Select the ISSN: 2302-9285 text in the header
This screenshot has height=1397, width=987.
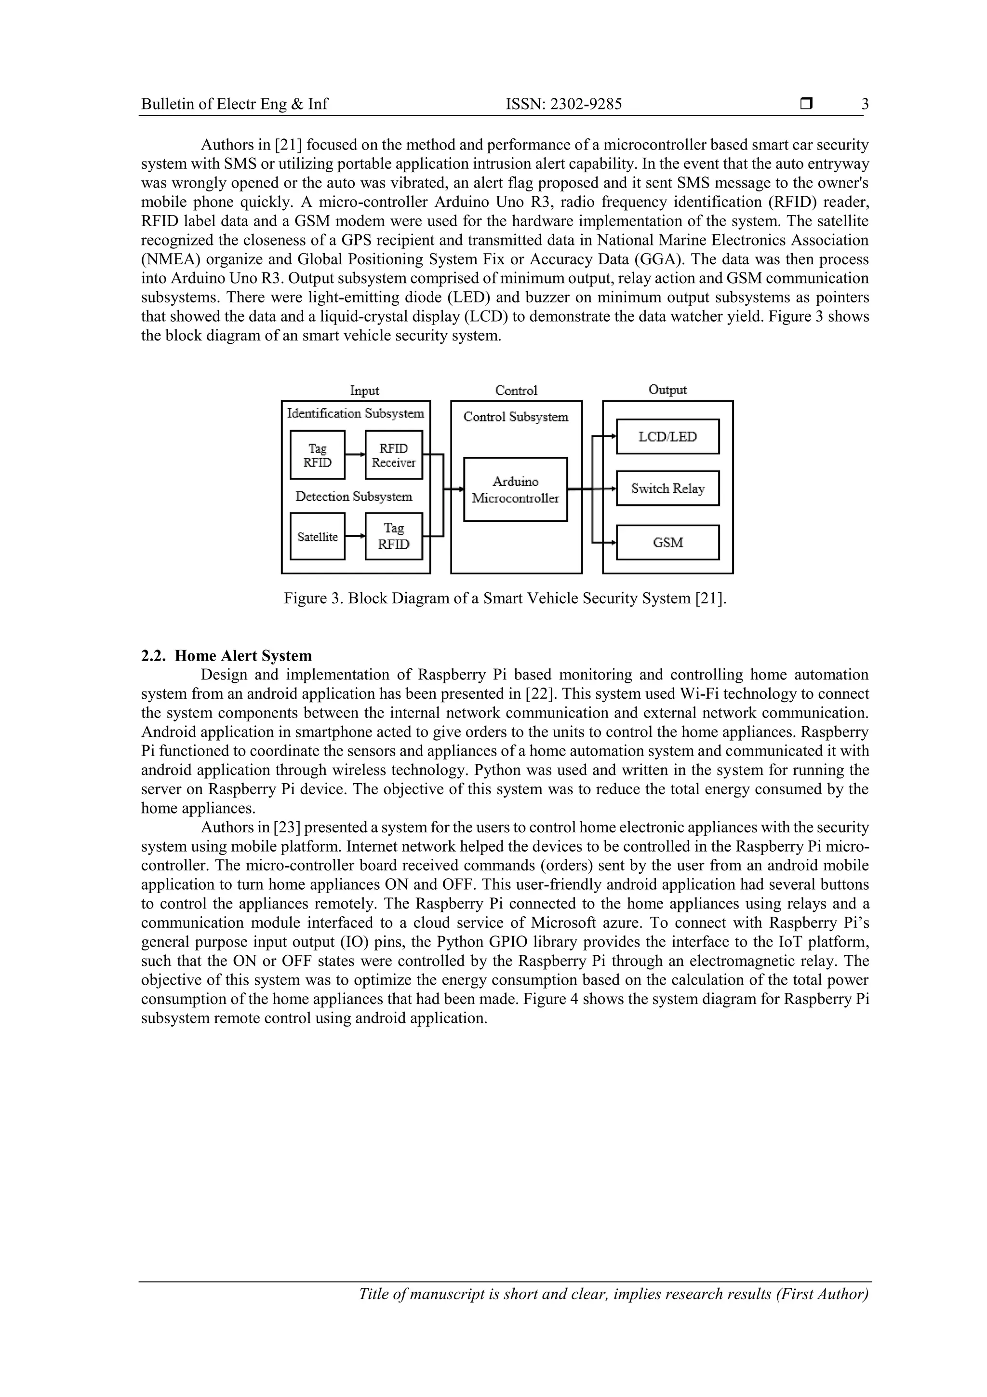pyautogui.click(x=564, y=105)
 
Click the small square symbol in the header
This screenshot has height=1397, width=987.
pyautogui.click(x=806, y=104)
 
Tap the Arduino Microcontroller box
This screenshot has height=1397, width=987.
pyautogui.click(x=515, y=489)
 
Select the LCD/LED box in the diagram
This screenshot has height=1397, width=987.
pyautogui.click(x=667, y=436)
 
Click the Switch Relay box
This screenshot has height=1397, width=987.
pyautogui.click(x=667, y=488)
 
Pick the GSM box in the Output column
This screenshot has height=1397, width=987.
pyautogui.click(x=667, y=542)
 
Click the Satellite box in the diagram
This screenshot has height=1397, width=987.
pyautogui.click(x=318, y=536)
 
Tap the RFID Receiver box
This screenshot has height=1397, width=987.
pyautogui.click(x=393, y=455)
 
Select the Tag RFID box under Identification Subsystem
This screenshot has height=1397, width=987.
pyautogui.click(x=318, y=455)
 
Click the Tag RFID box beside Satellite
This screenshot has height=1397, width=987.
pyautogui.click(x=393, y=536)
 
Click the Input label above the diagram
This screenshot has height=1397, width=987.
pyautogui.click(x=364, y=391)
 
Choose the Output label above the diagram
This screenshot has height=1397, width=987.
pyautogui.click(x=667, y=390)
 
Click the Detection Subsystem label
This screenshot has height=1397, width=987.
pyautogui.click(x=353, y=497)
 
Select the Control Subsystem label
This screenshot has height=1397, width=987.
pyautogui.click(x=516, y=417)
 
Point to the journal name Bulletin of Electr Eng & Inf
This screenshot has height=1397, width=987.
pyautogui.click(x=234, y=105)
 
